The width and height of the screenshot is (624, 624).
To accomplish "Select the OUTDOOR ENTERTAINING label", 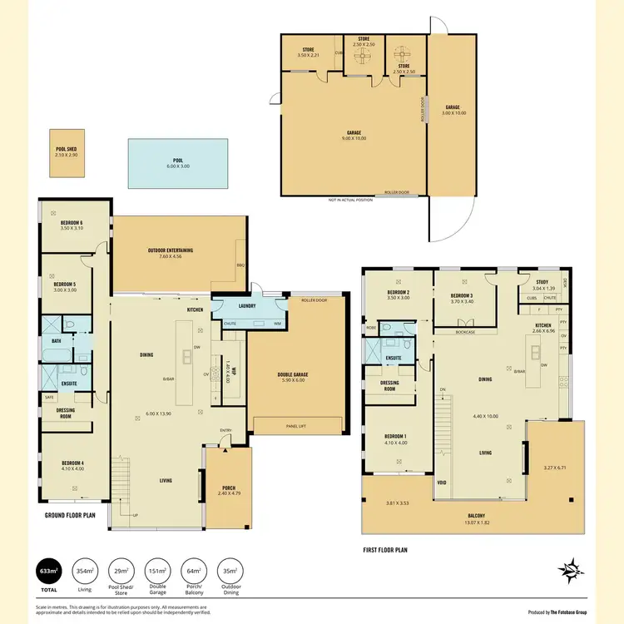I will point(171,250).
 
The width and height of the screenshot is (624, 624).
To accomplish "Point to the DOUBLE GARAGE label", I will point(292,374).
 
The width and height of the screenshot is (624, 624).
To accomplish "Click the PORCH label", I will point(229,488).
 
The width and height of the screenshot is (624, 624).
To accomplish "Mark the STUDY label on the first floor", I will point(542,282).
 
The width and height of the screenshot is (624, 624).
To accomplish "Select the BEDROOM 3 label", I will point(462,296).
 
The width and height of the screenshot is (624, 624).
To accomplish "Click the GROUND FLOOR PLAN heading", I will point(72,516).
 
